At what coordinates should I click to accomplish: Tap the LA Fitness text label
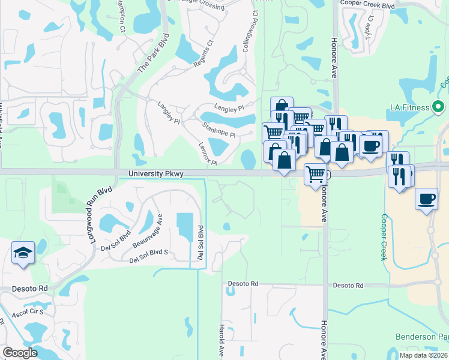tap(409, 107)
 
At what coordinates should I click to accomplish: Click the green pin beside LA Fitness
tap(439, 107)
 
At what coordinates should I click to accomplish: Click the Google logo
tap(20, 353)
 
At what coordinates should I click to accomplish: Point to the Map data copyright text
tap(423, 355)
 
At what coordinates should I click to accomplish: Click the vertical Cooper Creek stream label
tap(383, 238)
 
